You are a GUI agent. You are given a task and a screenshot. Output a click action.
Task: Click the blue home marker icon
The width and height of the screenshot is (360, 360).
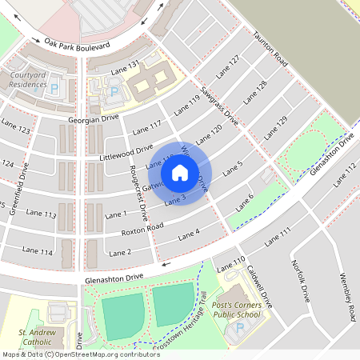point(180,171)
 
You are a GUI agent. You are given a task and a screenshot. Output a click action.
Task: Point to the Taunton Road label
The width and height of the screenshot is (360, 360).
point(270,49)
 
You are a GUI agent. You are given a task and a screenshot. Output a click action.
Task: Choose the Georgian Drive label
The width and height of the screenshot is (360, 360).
point(93,119)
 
